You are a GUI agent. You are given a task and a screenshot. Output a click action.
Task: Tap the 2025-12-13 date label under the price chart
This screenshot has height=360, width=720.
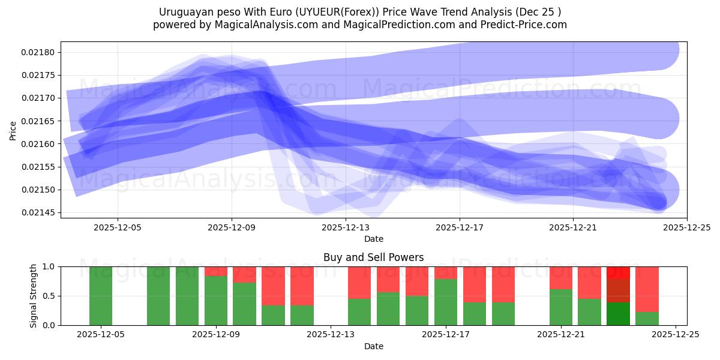click(346, 227)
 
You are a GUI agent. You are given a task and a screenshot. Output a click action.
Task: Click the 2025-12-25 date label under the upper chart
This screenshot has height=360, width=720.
click(687, 227)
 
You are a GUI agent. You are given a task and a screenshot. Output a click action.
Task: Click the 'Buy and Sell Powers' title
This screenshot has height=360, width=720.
click(373, 257)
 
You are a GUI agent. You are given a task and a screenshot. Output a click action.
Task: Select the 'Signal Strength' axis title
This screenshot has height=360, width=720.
click(34, 295)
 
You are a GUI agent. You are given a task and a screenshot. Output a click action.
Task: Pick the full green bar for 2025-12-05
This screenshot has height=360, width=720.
click(101, 296)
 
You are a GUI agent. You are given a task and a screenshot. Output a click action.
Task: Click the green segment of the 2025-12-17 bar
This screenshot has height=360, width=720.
click(446, 302)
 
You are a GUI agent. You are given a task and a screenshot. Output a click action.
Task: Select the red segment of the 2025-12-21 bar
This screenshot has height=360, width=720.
click(561, 278)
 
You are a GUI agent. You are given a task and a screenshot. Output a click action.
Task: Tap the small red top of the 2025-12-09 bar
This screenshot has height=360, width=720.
click(216, 271)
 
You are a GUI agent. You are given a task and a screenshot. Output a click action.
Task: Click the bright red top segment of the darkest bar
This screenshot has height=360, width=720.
click(619, 272)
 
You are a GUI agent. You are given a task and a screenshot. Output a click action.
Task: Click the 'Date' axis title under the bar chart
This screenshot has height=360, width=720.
click(373, 346)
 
